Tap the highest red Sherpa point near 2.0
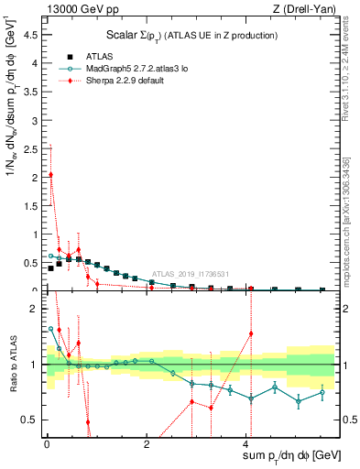(51, 174)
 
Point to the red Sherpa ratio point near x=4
(251, 333)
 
